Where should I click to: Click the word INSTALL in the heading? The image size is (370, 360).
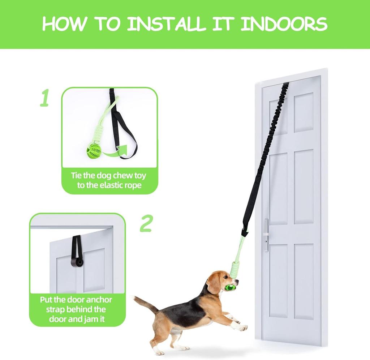165,23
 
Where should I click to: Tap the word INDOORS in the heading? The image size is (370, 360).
284,23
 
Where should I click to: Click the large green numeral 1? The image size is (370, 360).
44,98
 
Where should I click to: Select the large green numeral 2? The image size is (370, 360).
146,223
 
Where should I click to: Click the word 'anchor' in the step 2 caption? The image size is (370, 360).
99,300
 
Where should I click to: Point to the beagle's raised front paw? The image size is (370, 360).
242,328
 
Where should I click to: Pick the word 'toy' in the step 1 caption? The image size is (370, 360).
140,176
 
